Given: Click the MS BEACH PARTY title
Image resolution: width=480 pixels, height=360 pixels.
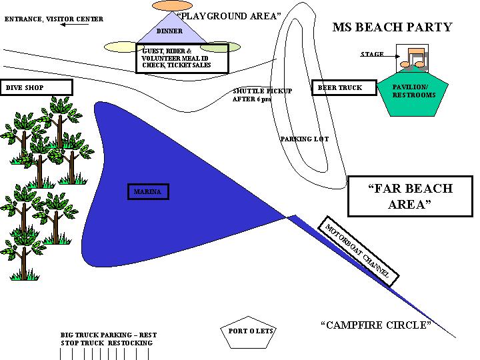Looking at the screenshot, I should (392, 27).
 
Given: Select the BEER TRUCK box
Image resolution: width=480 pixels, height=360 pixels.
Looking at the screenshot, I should (339, 88).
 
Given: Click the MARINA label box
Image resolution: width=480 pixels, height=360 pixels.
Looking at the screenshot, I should (147, 192).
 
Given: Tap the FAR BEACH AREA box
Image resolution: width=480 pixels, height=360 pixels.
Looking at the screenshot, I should (410, 197).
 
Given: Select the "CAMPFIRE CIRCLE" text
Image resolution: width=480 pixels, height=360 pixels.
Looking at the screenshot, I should (376, 325).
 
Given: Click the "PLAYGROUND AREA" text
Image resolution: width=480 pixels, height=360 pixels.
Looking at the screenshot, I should (228, 16).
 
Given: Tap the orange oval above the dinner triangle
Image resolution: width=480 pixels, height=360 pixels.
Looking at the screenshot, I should (172, 5).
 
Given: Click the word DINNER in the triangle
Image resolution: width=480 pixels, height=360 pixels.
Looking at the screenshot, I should (169, 31).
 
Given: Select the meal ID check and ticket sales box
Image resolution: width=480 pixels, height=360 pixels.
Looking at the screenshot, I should (182, 58).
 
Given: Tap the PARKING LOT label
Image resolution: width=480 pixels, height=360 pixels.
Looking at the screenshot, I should (304, 139).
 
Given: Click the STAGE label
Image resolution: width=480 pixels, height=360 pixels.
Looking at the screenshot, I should (372, 54).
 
